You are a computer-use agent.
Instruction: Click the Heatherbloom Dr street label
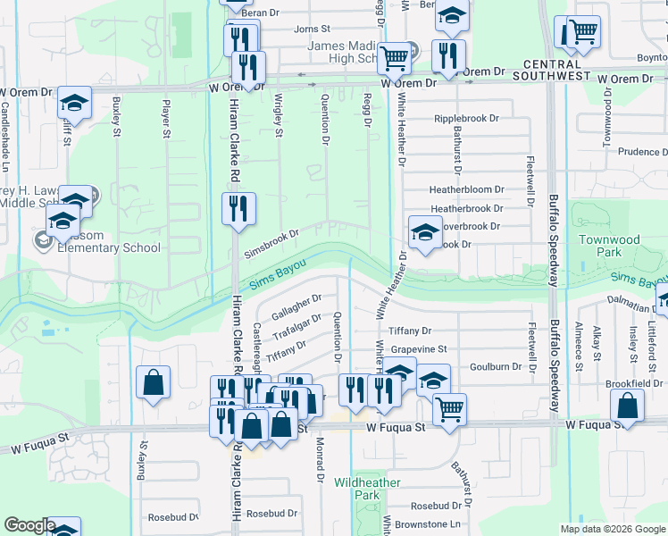[x=466, y=190]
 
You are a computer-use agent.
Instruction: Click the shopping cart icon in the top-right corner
[x=581, y=33]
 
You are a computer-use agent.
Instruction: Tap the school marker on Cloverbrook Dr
[x=425, y=233]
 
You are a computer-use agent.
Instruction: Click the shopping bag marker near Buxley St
[x=154, y=382]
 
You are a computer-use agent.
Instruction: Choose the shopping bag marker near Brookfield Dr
[x=628, y=406]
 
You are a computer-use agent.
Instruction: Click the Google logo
[x=29, y=525]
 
